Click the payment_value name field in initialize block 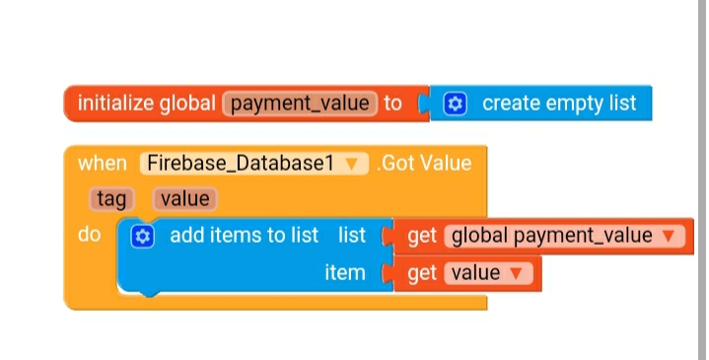pyautogui.click(x=301, y=104)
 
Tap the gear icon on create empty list pyautogui.click(x=455, y=104)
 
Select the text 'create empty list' pyautogui.click(x=559, y=104)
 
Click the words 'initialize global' pyautogui.click(x=147, y=104)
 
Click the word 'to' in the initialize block pyautogui.click(x=392, y=104)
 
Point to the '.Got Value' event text pyautogui.click(x=424, y=163)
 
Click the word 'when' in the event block pyautogui.click(x=102, y=163)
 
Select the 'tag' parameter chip pyautogui.click(x=111, y=199)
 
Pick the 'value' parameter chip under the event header pyautogui.click(x=184, y=199)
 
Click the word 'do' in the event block pyautogui.click(x=89, y=236)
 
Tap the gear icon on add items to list pyautogui.click(x=142, y=236)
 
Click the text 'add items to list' pyautogui.click(x=244, y=236)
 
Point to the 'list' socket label pyautogui.click(x=351, y=236)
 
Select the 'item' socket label pyautogui.click(x=345, y=272)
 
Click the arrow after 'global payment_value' pyautogui.click(x=670, y=237)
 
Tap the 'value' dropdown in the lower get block pyautogui.click(x=487, y=272)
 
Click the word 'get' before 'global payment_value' pyautogui.click(x=422, y=236)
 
